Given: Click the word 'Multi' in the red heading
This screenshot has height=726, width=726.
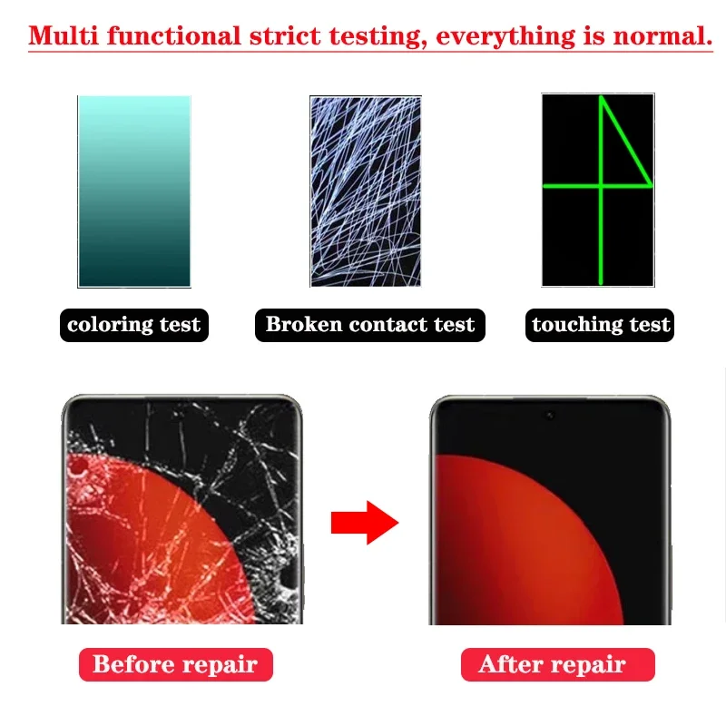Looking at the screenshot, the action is tap(64, 36).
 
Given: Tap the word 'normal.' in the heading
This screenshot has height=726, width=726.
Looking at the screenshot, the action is tap(662, 36).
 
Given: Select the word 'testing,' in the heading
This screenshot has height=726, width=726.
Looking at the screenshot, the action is tap(378, 37).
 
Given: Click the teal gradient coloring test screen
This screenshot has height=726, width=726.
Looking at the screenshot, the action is tap(134, 191).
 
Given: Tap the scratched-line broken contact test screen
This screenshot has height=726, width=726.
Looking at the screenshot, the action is tap(366, 191).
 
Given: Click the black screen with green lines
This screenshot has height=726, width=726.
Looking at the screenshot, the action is tap(598, 191).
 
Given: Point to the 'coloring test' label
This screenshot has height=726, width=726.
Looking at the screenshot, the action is tap(134, 325).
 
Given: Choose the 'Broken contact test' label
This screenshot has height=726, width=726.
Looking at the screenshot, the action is tap(370, 325).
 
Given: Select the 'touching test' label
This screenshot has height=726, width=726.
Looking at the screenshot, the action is tap(600, 325).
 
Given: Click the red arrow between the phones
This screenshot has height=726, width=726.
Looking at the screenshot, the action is tap(365, 523).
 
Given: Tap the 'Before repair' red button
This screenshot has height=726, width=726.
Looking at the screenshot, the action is tap(176, 664).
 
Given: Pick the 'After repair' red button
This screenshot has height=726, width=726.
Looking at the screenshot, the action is tap(558, 664).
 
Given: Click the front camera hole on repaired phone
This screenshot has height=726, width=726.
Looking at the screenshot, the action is tap(550, 416).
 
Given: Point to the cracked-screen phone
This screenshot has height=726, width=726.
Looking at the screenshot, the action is tap(182, 509).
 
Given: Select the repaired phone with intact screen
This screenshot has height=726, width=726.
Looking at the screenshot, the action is tap(550, 510).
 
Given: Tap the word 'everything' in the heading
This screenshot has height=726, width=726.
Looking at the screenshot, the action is tap(505, 37).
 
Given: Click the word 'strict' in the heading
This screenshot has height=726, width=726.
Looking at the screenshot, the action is tap(285, 36).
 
